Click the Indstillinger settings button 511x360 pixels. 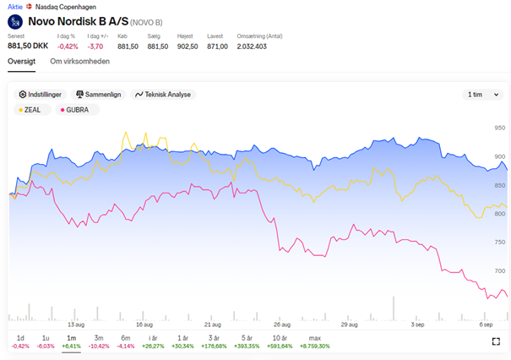(40, 95)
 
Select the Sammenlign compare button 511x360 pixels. (99, 95)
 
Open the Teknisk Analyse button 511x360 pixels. (163, 95)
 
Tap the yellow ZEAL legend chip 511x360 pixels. (32, 110)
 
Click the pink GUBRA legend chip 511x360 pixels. (77, 110)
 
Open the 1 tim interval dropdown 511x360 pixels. (483, 95)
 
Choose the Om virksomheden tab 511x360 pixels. (80, 62)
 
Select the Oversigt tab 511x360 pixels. (21, 62)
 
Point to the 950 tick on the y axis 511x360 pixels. (499, 128)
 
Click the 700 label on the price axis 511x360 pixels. (499, 271)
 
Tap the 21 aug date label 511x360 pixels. (213, 325)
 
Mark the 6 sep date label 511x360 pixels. (486, 325)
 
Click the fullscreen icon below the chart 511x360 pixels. (496, 341)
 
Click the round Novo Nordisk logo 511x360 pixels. (15, 22)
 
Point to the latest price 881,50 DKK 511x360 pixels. (28, 46)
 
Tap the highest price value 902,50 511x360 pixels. (188, 46)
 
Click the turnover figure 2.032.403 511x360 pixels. (252, 46)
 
